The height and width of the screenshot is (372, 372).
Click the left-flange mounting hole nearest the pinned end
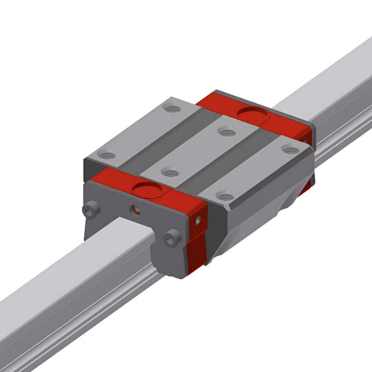click(x=107, y=156)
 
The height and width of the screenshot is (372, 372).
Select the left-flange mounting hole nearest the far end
click(x=172, y=109)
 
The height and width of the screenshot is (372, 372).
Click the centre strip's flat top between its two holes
click(x=197, y=152)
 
